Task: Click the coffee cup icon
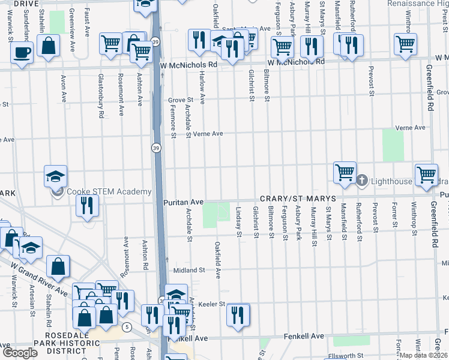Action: pos(22,52)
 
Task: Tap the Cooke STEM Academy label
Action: pos(109,191)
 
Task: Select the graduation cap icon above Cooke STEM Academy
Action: pos(55,177)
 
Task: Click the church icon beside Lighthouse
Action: pos(362,180)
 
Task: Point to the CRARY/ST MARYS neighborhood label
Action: pos(294,199)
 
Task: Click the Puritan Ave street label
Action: pos(184,203)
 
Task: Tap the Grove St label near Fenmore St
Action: pos(179,100)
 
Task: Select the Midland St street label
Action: pos(189,271)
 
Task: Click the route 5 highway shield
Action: pos(127,327)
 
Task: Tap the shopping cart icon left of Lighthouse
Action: pos(345,172)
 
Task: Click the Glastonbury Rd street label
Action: pos(101,96)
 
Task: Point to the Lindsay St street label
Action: pos(238,222)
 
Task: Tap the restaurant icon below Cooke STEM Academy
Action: pos(87,205)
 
